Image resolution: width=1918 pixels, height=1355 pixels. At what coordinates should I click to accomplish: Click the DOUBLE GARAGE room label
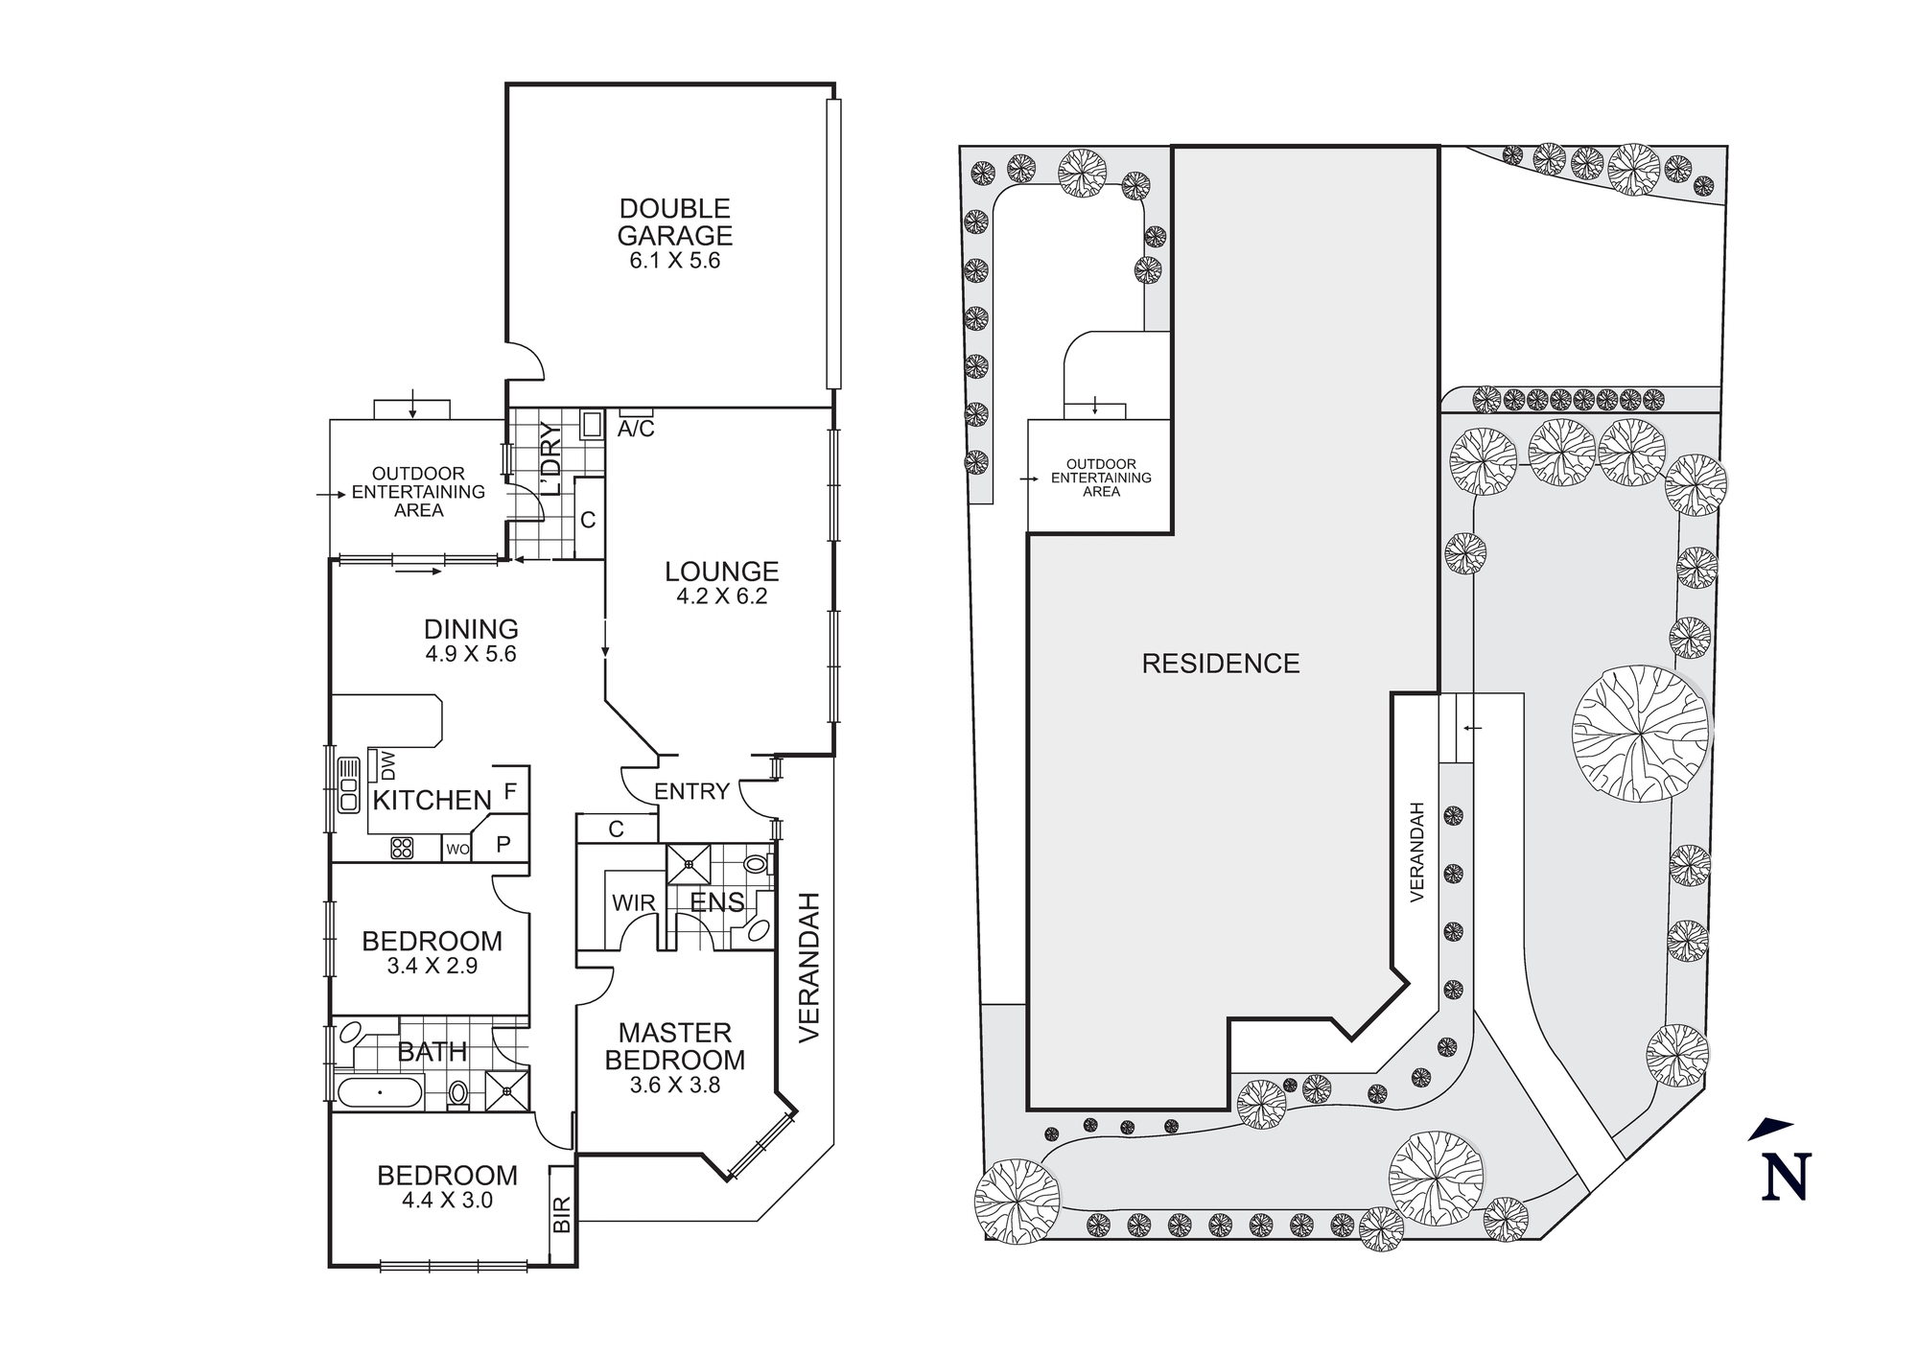[x=675, y=222]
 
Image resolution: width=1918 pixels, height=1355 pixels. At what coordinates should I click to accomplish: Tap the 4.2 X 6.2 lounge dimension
[x=721, y=596]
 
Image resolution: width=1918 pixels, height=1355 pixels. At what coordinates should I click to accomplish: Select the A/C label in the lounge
[x=636, y=430]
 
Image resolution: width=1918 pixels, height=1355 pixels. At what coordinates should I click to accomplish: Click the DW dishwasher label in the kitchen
[x=388, y=765]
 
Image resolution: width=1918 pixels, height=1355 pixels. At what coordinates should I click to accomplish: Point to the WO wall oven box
[x=457, y=849]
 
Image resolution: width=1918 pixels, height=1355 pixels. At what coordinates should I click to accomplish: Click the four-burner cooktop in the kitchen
[x=402, y=848]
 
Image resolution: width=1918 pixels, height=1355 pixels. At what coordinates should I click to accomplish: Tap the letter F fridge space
[x=510, y=792]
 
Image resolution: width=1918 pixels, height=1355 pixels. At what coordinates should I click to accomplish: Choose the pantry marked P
[x=503, y=845]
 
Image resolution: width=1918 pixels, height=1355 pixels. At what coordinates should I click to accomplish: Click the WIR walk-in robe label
[x=633, y=903]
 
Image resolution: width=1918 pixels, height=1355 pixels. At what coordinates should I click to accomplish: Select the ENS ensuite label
[x=717, y=902]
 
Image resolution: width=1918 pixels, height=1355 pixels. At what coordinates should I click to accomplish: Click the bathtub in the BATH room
[x=380, y=1092]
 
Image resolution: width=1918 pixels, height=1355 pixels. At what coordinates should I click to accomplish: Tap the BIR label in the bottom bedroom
[x=563, y=1214]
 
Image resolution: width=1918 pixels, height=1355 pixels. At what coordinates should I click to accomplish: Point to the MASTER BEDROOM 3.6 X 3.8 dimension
[x=675, y=1086]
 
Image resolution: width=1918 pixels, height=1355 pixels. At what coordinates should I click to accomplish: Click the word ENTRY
[x=691, y=791]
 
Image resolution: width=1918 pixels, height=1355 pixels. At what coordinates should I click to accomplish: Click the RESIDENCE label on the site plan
[x=1220, y=664]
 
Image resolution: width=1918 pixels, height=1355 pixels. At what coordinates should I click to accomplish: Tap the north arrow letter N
[x=1786, y=1177]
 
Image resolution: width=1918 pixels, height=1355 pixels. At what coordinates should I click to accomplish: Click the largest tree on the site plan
[x=1641, y=734]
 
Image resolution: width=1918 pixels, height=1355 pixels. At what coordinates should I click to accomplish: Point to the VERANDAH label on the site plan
[x=1418, y=852]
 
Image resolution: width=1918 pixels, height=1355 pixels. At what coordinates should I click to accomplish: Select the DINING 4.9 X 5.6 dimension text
[x=471, y=654]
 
